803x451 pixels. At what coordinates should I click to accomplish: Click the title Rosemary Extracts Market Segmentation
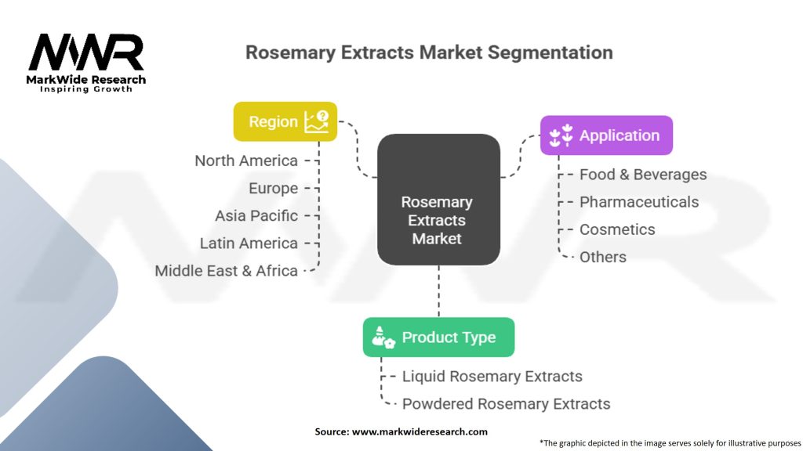(x=429, y=53)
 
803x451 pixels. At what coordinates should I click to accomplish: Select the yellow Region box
(x=285, y=121)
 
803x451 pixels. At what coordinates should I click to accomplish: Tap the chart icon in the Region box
(x=316, y=121)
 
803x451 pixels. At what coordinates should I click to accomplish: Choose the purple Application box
(x=606, y=135)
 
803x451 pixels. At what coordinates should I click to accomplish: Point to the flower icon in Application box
(x=561, y=136)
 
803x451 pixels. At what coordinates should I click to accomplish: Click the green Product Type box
(x=438, y=337)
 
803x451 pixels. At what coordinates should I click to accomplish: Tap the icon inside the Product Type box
(x=384, y=337)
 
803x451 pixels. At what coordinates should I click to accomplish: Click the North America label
(x=246, y=161)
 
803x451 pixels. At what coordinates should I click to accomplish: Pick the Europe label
(x=273, y=188)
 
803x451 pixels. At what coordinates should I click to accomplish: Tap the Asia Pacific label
(x=256, y=215)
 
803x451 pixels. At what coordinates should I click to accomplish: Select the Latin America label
(x=249, y=244)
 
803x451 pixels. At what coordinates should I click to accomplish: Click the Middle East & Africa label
(x=226, y=271)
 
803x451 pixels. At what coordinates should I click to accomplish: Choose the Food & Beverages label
(x=642, y=175)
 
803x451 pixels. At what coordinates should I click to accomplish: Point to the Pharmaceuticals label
(x=638, y=202)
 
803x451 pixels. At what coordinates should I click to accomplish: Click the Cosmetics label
(x=616, y=229)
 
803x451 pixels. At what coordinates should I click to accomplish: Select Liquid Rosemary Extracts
(x=492, y=377)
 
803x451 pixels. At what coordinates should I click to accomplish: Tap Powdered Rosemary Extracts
(x=506, y=404)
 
